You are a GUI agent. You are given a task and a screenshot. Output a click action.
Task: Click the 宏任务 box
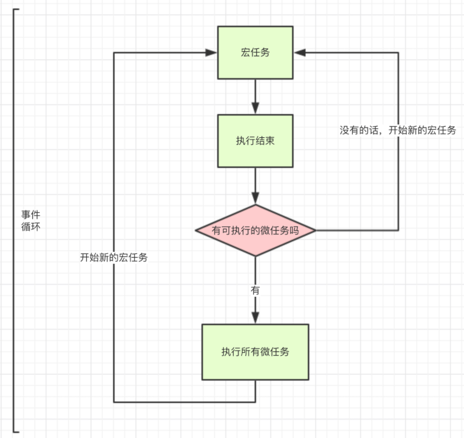(255, 53)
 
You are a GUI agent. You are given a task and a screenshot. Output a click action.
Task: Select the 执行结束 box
(255, 141)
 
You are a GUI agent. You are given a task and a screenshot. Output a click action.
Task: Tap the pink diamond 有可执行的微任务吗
(255, 230)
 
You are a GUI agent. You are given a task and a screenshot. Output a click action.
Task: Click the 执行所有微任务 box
(255, 352)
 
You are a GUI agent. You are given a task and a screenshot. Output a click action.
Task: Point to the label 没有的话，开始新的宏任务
(398, 130)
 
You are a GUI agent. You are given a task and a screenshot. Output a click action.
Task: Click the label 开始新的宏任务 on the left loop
(114, 257)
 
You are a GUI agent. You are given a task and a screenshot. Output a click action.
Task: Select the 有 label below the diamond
(255, 291)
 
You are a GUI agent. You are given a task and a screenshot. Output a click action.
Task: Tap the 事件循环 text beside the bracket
(31, 220)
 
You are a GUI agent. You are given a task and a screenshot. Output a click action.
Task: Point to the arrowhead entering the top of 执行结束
(255, 108)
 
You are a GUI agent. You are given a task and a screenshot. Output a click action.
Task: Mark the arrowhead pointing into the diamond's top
(255, 198)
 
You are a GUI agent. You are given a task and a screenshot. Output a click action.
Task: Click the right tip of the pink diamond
(316, 230)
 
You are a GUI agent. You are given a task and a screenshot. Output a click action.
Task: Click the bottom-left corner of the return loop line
(114, 402)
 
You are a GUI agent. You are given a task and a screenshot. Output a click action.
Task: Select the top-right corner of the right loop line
(398, 53)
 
